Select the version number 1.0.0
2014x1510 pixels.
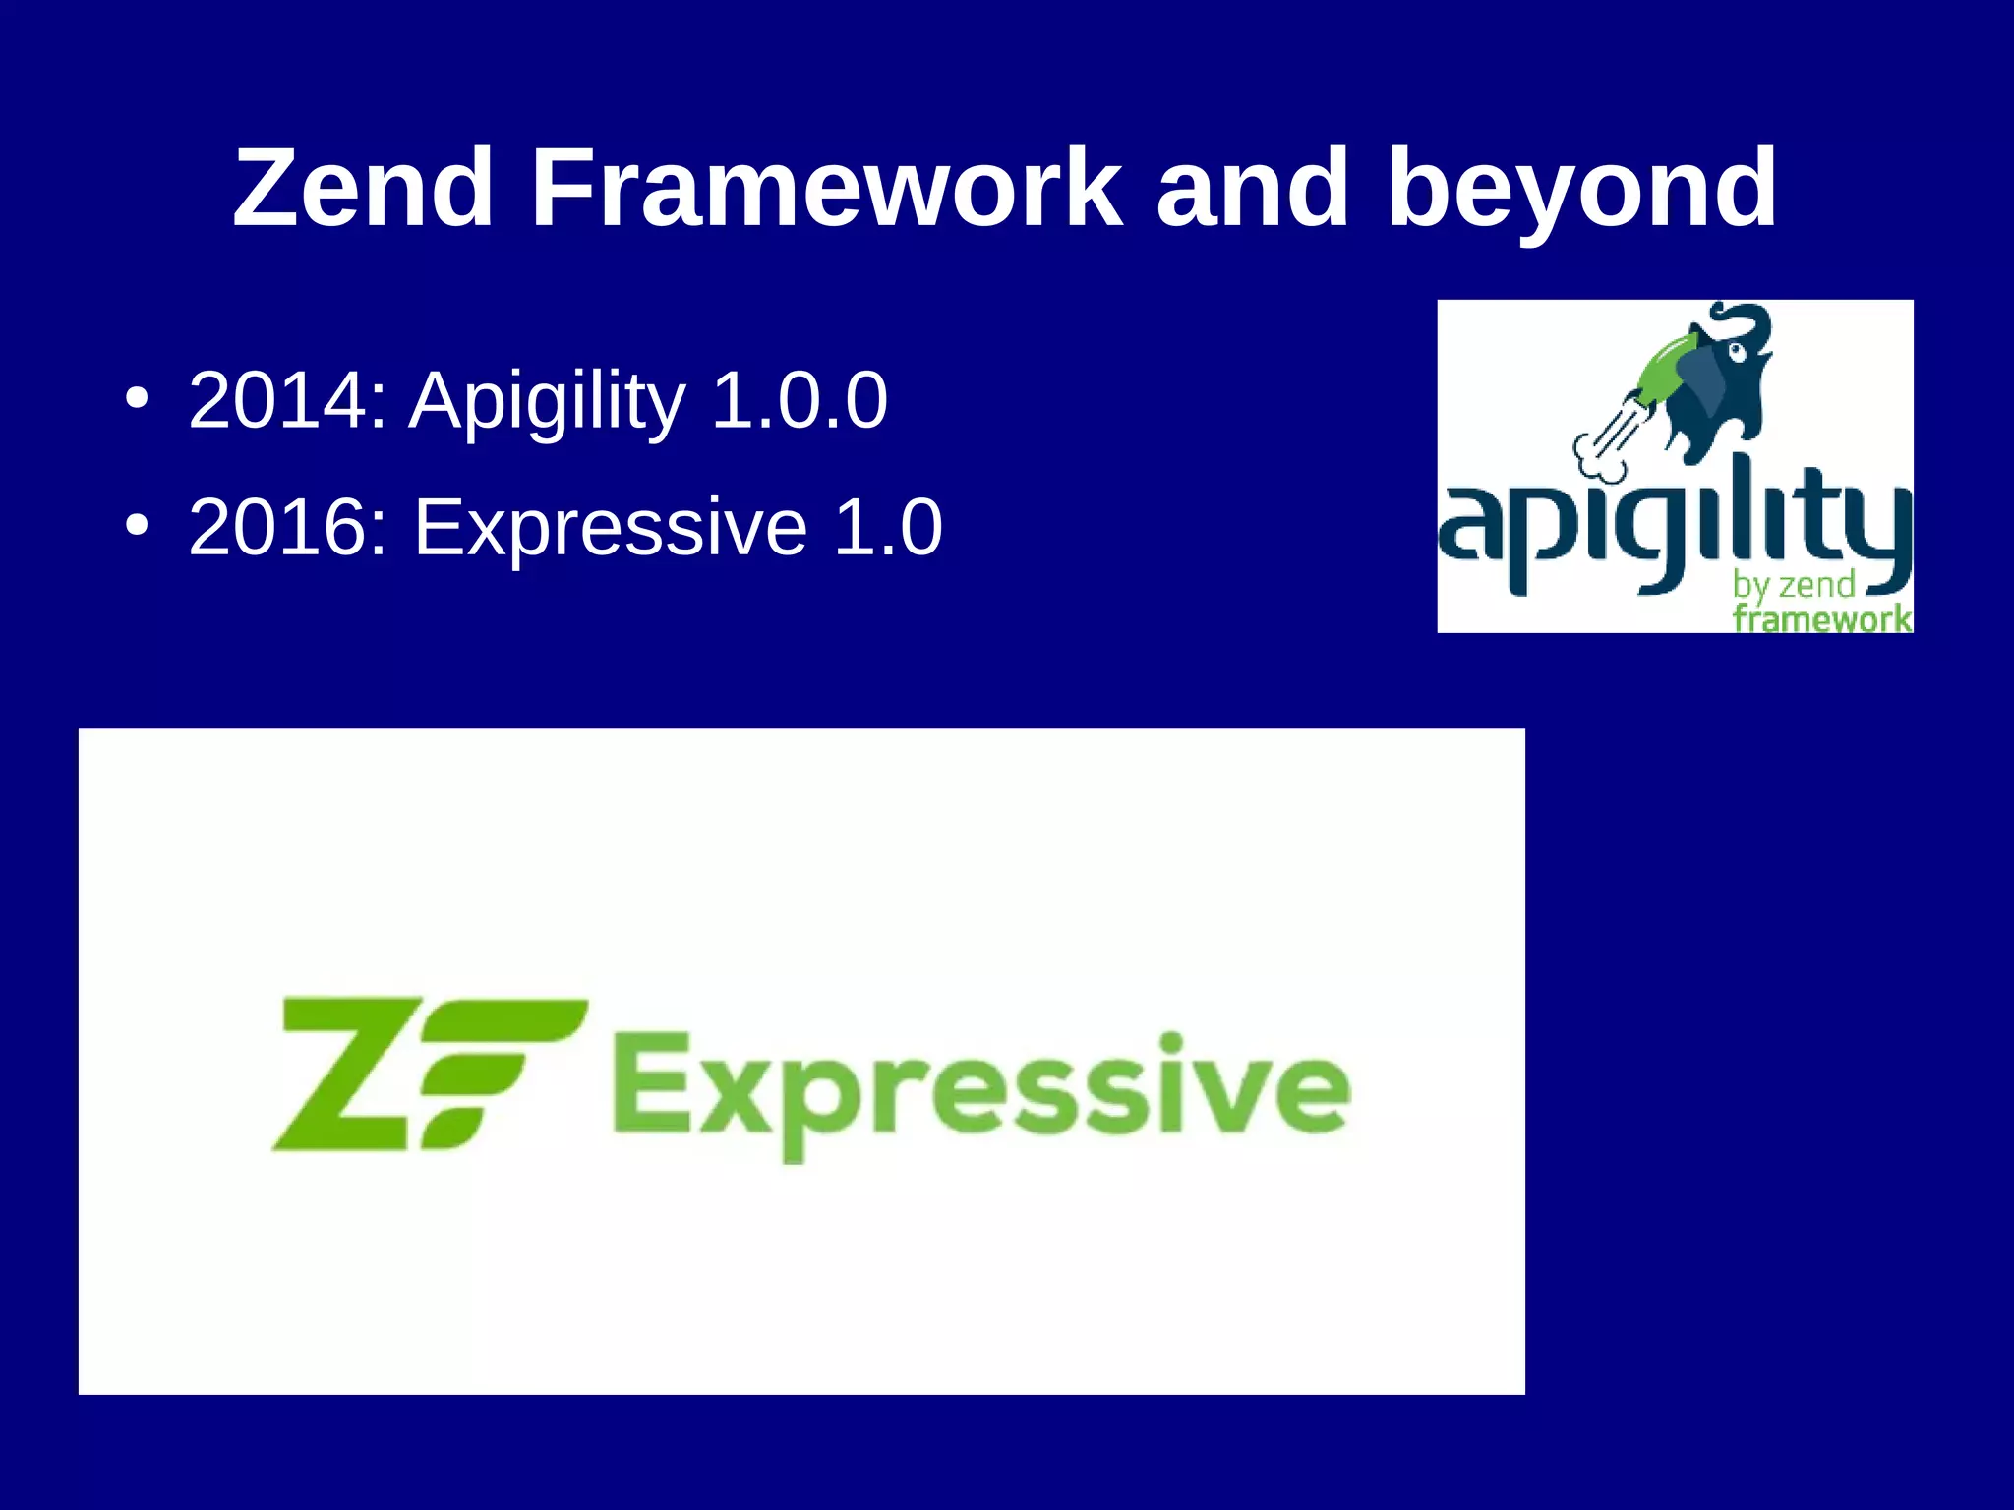pos(799,400)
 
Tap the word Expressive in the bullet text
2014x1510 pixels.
pos(610,529)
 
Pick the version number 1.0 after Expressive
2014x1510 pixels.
pos(887,527)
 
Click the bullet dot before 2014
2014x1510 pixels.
pos(137,400)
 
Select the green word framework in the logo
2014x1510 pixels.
pos(1821,619)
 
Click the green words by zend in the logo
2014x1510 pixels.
pos(1793,585)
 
